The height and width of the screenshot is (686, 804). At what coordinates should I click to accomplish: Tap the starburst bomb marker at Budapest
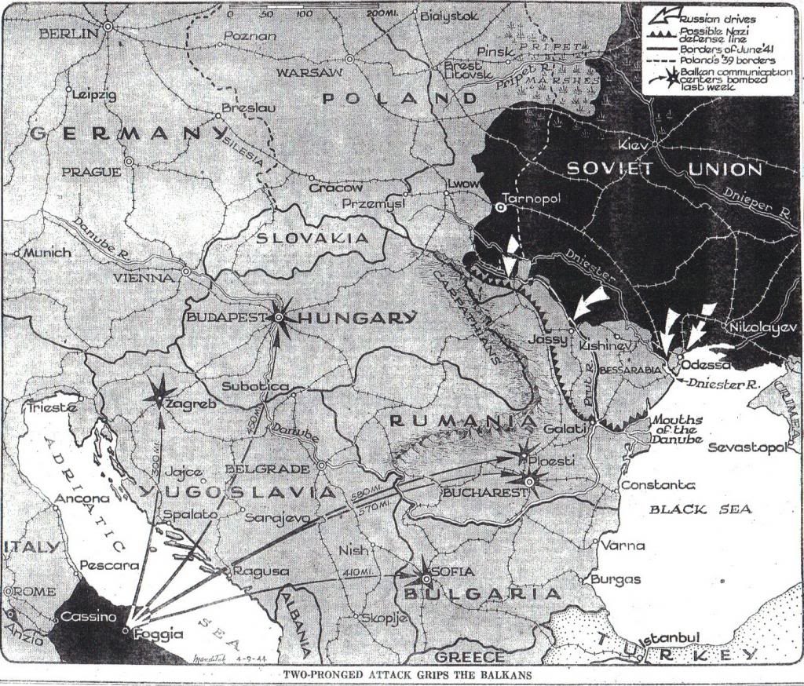[279, 317]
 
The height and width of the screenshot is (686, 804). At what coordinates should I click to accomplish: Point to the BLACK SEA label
[700, 509]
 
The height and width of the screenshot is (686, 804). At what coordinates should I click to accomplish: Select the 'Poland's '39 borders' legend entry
[725, 60]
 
